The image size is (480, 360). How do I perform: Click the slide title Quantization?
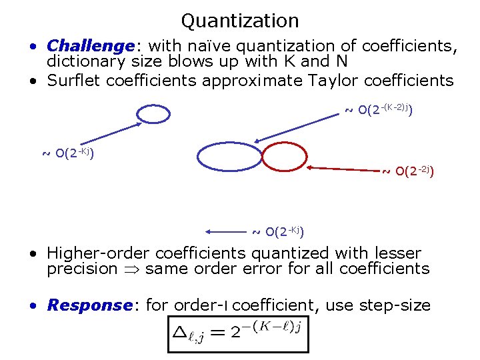pyautogui.click(x=239, y=21)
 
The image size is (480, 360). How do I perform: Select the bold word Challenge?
pyautogui.click(x=91, y=46)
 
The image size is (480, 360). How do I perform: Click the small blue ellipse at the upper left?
pyautogui.click(x=154, y=114)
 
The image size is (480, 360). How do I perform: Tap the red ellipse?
pyautogui.click(x=283, y=157)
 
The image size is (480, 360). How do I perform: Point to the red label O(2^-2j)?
pyautogui.click(x=409, y=172)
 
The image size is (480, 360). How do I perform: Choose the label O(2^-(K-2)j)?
pyautogui.click(x=378, y=109)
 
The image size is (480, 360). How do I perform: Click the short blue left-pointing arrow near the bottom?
pyautogui.click(x=227, y=231)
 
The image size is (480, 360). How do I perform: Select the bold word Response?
pyautogui.click(x=89, y=305)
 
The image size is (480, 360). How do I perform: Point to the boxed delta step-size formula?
pyautogui.click(x=239, y=332)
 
